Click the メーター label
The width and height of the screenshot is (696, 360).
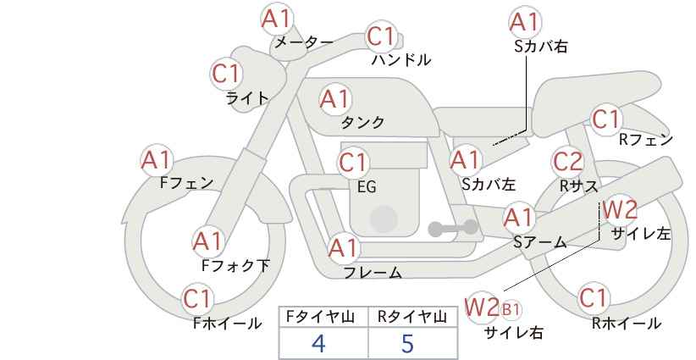click(304, 42)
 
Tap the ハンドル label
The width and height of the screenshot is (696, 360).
click(401, 59)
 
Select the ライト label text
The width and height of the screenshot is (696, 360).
click(247, 97)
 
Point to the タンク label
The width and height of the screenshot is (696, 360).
click(362, 122)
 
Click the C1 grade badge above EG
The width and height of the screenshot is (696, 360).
click(353, 163)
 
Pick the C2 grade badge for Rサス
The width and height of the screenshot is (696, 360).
click(567, 161)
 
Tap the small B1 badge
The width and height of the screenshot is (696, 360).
click(511, 309)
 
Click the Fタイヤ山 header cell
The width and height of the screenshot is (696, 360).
click(323, 318)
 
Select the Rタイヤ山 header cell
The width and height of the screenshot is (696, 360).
click(413, 318)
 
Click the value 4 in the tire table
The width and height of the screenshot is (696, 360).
click(318, 343)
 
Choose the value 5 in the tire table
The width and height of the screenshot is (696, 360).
click(407, 343)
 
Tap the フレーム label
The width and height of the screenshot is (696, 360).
click(373, 273)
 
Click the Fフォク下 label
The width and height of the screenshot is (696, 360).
click(235, 265)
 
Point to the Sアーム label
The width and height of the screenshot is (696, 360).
click(540, 241)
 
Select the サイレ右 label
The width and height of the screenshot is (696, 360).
click(514, 332)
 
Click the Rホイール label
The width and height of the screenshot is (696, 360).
click(627, 324)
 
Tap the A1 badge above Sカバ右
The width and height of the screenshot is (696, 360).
click(525, 22)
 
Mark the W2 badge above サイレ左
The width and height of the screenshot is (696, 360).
click(620, 209)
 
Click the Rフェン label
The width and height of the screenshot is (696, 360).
click(646, 140)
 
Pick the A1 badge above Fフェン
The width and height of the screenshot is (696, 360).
click(157, 160)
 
